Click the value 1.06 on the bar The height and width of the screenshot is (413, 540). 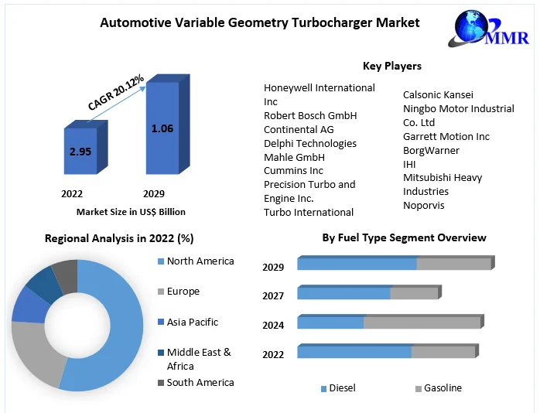[162, 128]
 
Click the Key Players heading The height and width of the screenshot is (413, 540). [392, 66]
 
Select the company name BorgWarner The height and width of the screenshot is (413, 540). [431, 150]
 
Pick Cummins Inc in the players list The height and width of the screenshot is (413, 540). [293, 170]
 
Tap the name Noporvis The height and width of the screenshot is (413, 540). [425, 205]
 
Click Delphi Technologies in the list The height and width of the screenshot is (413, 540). [310, 143]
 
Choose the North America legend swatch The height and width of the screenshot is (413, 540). [161, 261]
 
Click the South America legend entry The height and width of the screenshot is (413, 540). [200, 382]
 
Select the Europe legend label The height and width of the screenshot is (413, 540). [183, 292]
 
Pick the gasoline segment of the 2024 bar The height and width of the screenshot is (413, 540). [422, 323]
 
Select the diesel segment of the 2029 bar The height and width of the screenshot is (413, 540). [357, 265]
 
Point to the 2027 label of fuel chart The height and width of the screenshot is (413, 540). [273, 295]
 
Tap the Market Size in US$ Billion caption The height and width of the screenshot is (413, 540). [131, 211]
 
